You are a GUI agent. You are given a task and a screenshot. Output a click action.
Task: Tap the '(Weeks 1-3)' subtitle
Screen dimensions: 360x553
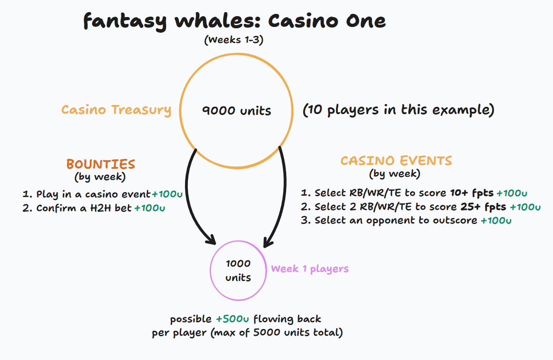click(234, 40)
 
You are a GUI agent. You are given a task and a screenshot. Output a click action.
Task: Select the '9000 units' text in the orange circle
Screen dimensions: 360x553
click(237, 110)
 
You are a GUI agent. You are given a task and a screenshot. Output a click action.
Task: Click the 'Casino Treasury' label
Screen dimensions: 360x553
click(116, 110)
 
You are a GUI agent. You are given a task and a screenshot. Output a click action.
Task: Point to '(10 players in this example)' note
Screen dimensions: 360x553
click(398, 110)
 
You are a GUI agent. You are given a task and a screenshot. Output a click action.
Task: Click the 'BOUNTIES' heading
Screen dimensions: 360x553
click(101, 164)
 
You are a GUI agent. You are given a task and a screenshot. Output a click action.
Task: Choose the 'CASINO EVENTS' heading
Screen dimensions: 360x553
click(396, 161)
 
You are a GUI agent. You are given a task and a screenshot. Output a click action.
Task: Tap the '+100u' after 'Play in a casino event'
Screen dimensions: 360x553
click(167, 195)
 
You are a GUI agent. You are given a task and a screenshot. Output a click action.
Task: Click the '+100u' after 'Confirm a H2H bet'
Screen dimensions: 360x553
click(150, 208)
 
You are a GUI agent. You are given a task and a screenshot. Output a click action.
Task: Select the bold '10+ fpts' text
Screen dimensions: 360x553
click(472, 193)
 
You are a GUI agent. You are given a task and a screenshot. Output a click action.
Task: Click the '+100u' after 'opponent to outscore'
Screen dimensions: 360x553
click(496, 220)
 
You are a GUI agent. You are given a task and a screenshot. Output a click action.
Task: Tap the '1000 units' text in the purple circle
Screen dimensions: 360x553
click(238, 270)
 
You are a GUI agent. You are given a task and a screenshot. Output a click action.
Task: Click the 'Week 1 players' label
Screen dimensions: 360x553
click(310, 269)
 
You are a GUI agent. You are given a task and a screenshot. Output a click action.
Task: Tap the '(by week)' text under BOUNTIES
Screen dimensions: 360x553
click(100, 177)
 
